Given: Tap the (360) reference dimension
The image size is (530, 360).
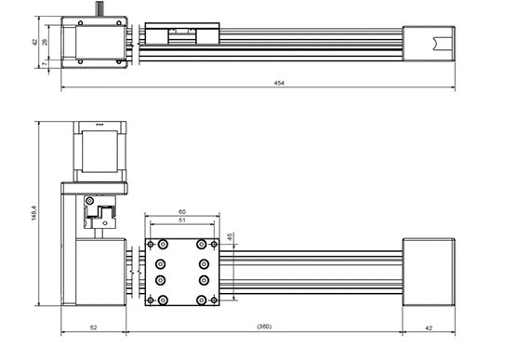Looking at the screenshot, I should pos(264,327).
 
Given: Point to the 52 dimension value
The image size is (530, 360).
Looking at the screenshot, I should pos(95,327).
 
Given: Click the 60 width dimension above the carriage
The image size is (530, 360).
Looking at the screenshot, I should pos(181,212).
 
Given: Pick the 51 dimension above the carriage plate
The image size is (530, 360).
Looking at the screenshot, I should pos(181,221).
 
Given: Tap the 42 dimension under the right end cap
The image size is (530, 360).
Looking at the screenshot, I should pos(428,327).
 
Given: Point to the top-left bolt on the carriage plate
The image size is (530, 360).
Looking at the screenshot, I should pos(164,244).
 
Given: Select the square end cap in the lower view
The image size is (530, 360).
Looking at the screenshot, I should pos(428,272).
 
